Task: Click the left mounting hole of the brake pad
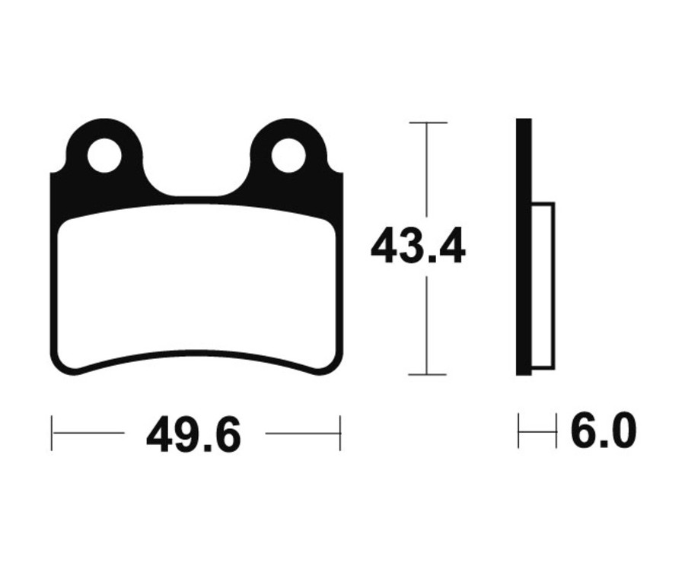coord(104,155)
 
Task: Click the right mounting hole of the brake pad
coord(288,155)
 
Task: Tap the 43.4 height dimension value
coord(418,247)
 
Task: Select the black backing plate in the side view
coord(524,246)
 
